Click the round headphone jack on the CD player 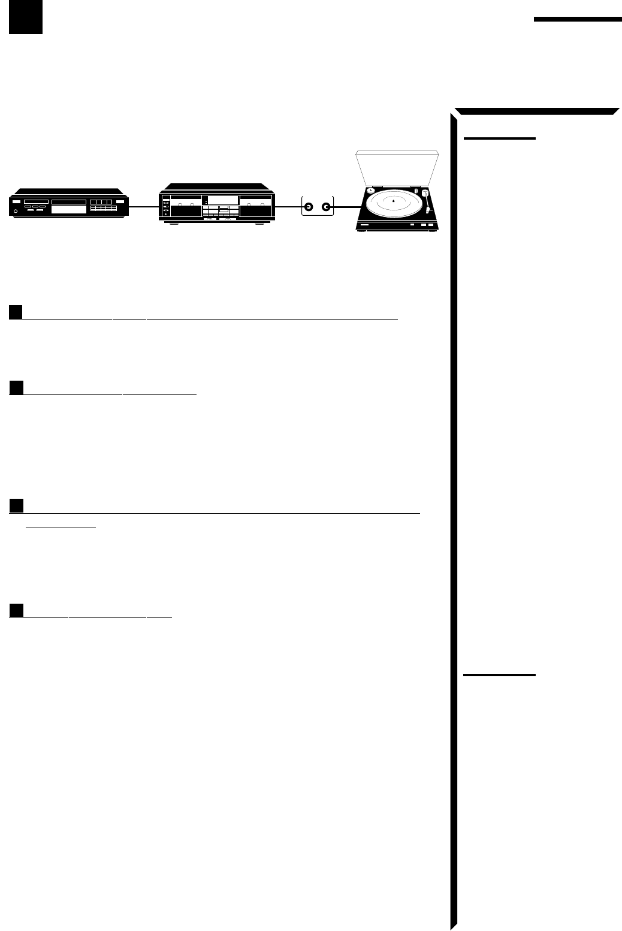coord(16,210)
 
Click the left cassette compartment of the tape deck coord(185,212)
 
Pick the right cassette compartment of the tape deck coord(255,212)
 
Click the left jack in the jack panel coord(308,208)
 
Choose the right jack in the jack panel coord(326,208)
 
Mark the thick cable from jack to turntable coord(345,208)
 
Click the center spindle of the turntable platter coord(392,201)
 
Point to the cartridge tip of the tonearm coord(428,212)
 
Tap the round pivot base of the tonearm coord(425,193)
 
